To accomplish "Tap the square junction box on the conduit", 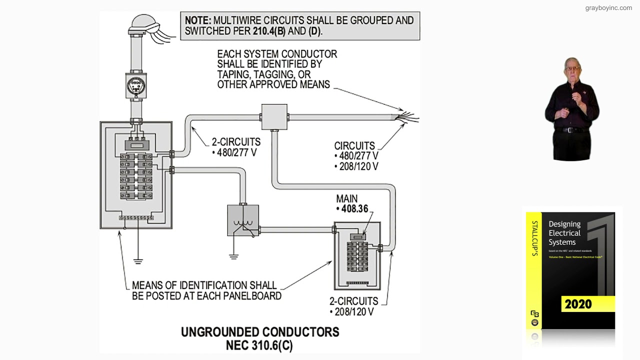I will (x=274, y=117).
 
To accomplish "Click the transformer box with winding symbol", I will (x=243, y=220).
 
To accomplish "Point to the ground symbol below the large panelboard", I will (x=138, y=260).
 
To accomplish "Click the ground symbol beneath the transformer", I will (x=233, y=256).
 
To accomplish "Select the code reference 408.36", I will (x=354, y=209).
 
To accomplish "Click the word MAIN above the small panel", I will (x=346, y=198).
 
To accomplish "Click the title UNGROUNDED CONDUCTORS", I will (x=259, y=332).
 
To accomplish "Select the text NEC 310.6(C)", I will (x=259, y=345).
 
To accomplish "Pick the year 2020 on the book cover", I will (x=578, y=304).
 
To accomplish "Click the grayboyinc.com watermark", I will (x=608, y=8).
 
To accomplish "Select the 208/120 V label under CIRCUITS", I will (x=358, y=166).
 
